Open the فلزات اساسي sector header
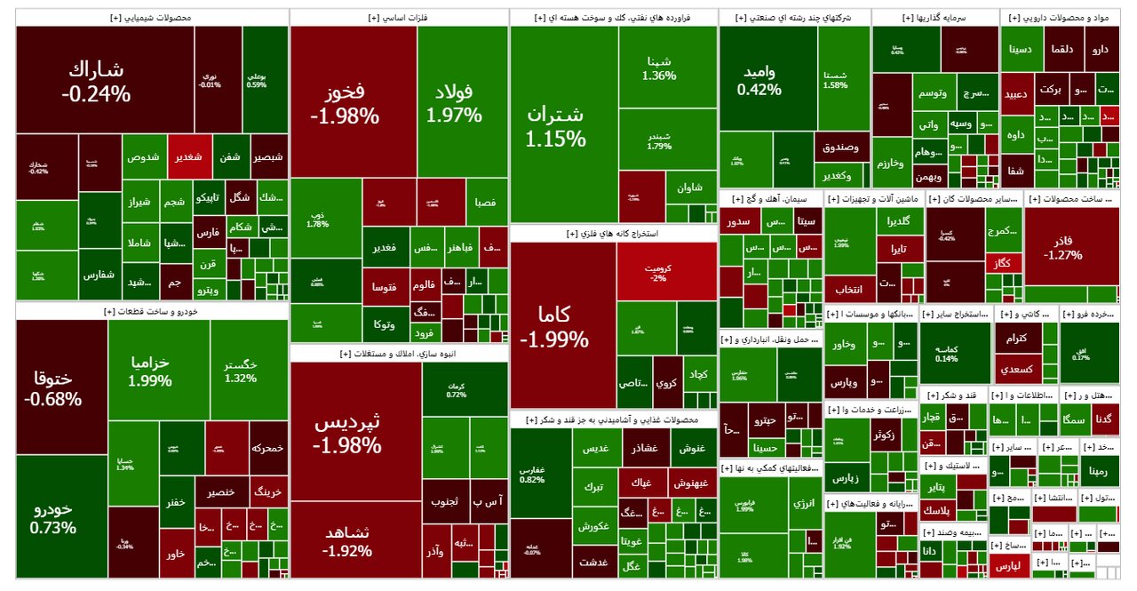[399, 18]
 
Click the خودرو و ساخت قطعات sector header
[151, 311]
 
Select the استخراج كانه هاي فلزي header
[614, 234]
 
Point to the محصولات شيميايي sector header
[151, 18]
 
